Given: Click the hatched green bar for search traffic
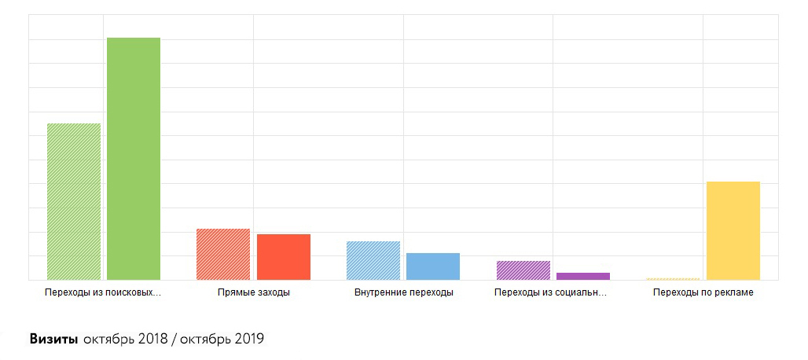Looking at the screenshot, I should [x=74, y=201].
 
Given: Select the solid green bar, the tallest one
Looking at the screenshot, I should [x=134, y=159].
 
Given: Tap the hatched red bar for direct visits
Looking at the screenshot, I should [x=223, y=254].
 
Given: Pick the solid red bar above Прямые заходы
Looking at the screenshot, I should [x=284, y=257].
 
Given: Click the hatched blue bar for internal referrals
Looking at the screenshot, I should [x=373, y=260].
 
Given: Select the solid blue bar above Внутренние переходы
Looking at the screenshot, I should [x=433, y=266].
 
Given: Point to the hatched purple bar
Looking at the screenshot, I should [x=523, y=270].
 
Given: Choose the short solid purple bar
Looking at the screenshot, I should [x=583, y=276].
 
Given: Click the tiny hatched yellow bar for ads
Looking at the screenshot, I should [x=673, y=279].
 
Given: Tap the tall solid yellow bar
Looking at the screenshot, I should [x=733, y=230].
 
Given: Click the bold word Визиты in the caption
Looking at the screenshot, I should [x=53, y=340].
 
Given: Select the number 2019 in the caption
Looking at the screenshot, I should [x=248, y=340].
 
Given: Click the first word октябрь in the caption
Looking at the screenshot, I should [x=108, y=340].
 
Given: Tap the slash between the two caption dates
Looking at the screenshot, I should [x=174, y=340].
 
